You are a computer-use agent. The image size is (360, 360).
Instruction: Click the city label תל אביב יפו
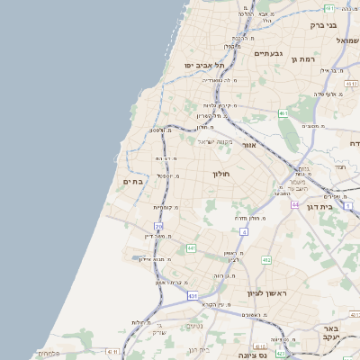pyautogui.click(x=204, y=65)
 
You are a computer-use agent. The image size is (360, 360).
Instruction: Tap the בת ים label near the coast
pyautogui.click(x=134, y=182)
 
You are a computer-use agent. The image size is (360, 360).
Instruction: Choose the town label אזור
pyautogui.click(x=250, y=144)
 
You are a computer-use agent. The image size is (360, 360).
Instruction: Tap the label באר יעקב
pyautogui.click(x=332, y=334)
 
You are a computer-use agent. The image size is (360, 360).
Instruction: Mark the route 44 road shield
pyautogui.click(x=294, y=205)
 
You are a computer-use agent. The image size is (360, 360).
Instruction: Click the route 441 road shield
pyautogui.click(x=191, y=247)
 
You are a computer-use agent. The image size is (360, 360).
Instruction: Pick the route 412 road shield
pyautogui.click(x=266, y=259)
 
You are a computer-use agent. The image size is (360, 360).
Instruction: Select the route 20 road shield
pyautogui.click(x=158, y=226)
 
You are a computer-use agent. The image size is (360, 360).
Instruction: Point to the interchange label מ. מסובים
pyautogui.click(x=314, y=127)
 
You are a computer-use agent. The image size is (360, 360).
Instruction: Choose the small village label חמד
pyautogui.click(x=339, y=167)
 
